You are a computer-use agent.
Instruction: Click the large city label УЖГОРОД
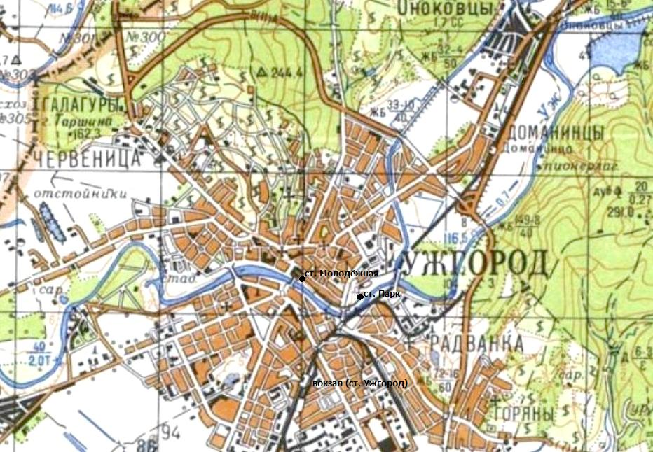(476, 263)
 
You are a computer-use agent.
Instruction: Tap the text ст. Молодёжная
(342, 274)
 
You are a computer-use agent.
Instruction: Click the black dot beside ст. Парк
(360, 297)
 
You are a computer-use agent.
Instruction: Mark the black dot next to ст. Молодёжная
(302, 278)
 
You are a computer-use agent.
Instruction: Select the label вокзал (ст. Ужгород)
(359, 383)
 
